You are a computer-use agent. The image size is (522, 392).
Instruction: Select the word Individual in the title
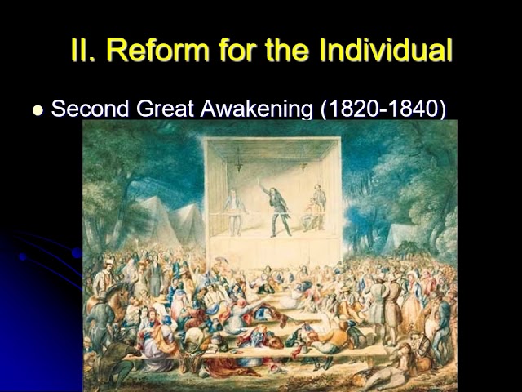point(387,50)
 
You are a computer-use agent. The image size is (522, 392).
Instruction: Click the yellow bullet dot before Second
point(37,110)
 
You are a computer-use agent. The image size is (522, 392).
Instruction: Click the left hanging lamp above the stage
point(238,160)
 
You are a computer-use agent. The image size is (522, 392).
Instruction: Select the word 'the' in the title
point(290,50)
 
